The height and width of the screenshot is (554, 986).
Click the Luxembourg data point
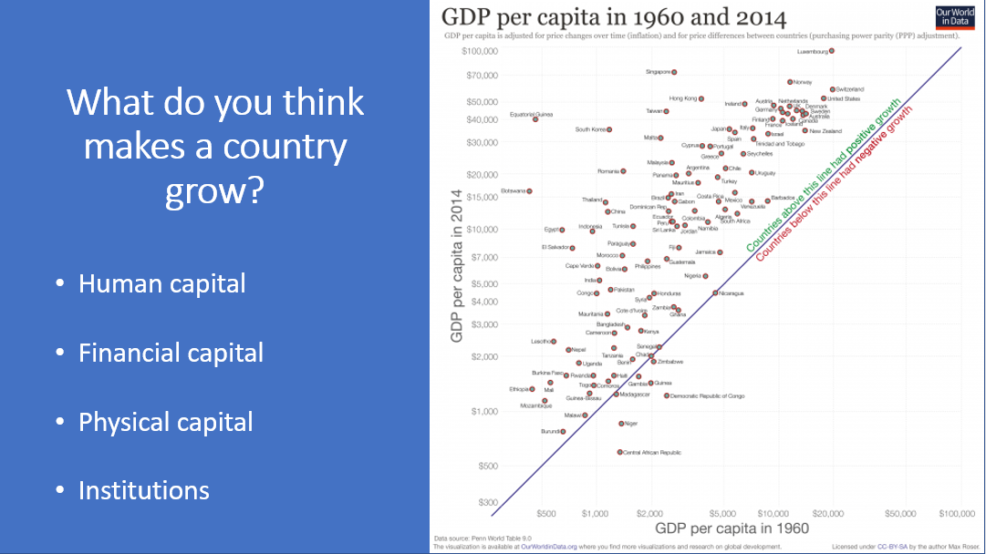(x=832, y=51)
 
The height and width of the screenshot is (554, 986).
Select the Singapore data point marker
(x=674, y=72)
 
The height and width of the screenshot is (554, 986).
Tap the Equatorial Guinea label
(x=531, y=114)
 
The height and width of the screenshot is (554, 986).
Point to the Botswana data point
(x=529, y=191)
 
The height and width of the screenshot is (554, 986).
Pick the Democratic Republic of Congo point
(x=667, y=395)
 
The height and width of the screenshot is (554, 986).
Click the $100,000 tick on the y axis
(x=479, y=51)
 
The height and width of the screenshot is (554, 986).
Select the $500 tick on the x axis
(x=546, y=515)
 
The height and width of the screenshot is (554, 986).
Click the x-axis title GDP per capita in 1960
(x=732, y=529)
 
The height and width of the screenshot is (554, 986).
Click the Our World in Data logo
(x=956, y=18)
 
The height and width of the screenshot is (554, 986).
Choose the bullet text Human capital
(x=162, y=283)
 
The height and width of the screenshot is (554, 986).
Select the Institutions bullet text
(x=144, y=490)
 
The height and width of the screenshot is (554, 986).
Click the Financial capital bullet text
(x=171, y=353)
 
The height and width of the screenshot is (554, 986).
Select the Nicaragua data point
(x=715, y=293)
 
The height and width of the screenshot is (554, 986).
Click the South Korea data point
(x=609, y=129)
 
